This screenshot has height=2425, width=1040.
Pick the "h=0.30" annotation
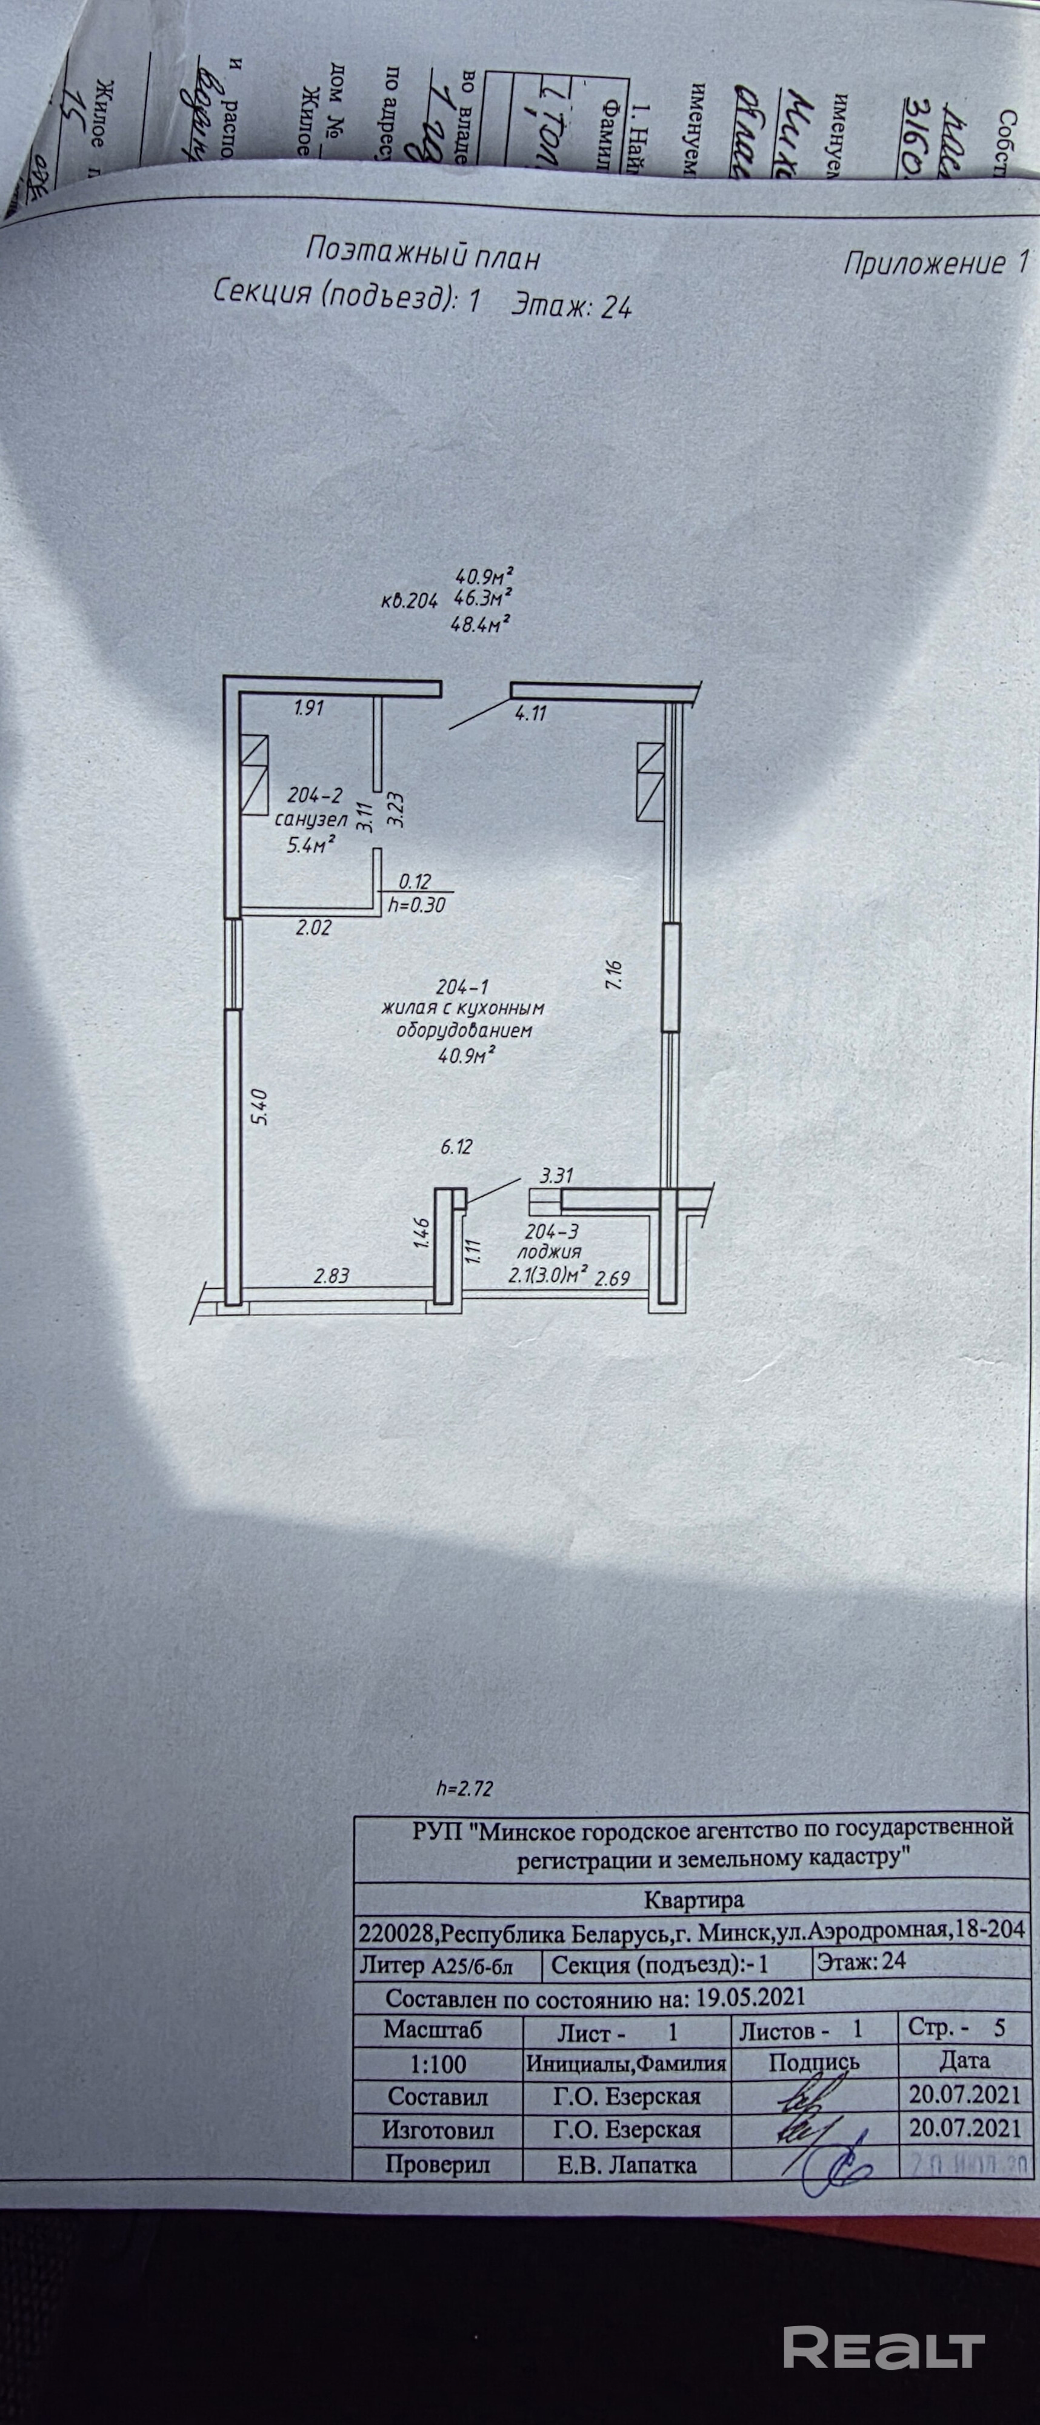(x=417, y=906)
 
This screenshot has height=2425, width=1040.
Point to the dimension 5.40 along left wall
(x=262, y=1106)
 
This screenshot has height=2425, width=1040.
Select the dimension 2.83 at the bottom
(x=332, y=1277)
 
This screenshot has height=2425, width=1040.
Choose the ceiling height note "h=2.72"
(x=465, y=1788)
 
